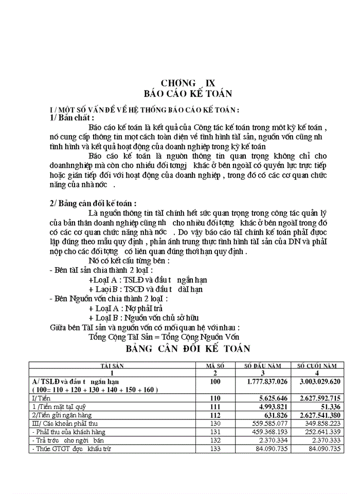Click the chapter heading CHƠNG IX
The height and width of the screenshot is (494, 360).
(188, 83)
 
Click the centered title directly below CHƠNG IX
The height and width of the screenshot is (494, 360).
(188, 94)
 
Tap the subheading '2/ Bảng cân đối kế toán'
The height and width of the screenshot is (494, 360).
(93, 203)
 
